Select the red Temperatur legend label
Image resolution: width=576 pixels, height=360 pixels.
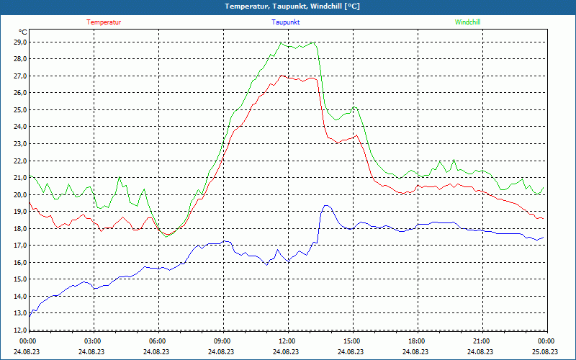(104, 22)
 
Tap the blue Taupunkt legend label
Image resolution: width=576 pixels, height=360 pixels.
(286, 22)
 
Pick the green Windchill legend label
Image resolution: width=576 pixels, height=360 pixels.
(467, 22)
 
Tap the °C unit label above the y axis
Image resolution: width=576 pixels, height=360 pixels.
(23, 32)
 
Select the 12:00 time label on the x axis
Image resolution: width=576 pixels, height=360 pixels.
(287, 341)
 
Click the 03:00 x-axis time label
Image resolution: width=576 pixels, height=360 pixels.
(93, 341)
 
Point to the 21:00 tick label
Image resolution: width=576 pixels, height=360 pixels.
(481, 341)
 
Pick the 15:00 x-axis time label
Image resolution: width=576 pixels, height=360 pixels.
(351, 341)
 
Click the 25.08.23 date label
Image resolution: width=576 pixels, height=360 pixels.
(546, 352)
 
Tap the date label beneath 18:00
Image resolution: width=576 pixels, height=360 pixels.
(416, 352)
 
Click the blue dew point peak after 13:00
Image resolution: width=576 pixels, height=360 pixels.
(327, 206)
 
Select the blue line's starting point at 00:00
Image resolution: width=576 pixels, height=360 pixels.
(29, 315)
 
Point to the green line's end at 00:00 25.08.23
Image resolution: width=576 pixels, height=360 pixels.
(543, 188)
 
